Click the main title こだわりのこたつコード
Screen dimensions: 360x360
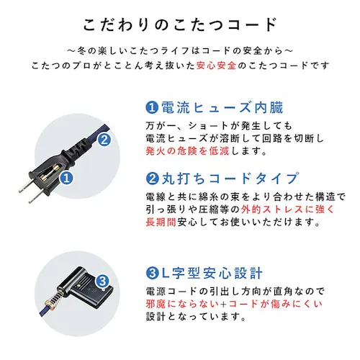click(x=179, y=23)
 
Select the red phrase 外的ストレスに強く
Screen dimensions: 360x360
click(x=270, y=209)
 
